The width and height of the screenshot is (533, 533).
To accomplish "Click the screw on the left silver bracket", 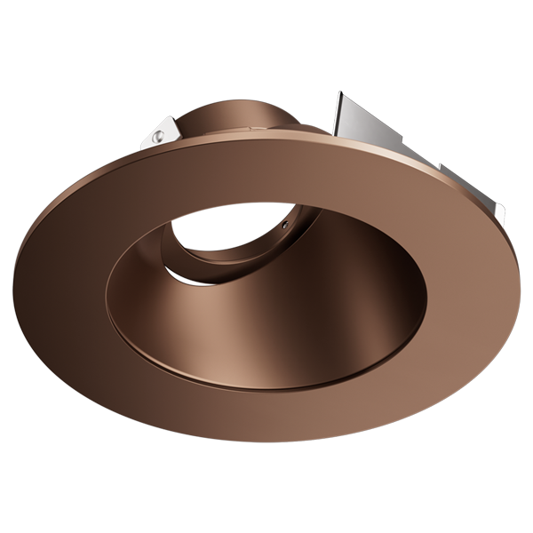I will click(156, 138).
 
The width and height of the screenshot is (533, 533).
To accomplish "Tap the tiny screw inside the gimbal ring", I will click(283, 226).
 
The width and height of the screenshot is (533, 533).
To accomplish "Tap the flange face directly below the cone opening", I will click(266, 413).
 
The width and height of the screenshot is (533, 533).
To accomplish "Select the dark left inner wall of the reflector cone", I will click(142, 302).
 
